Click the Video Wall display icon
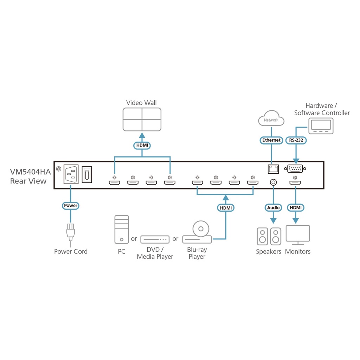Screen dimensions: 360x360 (142, 119)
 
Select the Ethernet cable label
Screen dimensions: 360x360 (271, 140)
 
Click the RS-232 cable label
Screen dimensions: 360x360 (296, 140)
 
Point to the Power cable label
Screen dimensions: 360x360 (71, 205)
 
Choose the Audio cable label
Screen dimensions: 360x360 (273, 208)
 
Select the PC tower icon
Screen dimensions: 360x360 (122, 230)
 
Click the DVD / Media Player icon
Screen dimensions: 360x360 (155, 239)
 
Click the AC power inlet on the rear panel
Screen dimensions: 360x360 (71, 175)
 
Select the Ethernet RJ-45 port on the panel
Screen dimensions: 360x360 (273, 169)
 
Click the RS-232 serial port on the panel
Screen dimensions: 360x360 (296, 169)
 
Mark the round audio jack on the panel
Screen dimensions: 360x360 (273, 182)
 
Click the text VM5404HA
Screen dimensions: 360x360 (31, 173)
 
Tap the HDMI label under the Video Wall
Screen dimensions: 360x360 (142, 145)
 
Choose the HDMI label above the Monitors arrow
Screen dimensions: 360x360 (295, 208)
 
